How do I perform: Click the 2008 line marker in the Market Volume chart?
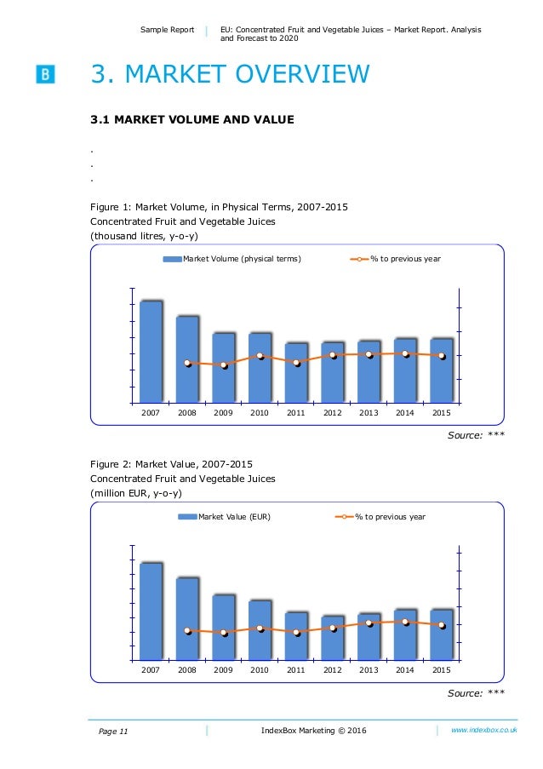187,364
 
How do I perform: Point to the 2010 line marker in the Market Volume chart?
260,356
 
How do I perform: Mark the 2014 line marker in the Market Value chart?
405,622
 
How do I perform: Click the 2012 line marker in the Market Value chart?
333,628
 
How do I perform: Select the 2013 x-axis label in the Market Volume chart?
369,413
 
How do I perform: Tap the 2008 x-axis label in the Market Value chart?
187,670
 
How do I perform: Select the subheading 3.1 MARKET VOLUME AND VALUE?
192,120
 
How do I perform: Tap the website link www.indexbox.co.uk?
484,731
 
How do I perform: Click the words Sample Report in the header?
168,30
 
